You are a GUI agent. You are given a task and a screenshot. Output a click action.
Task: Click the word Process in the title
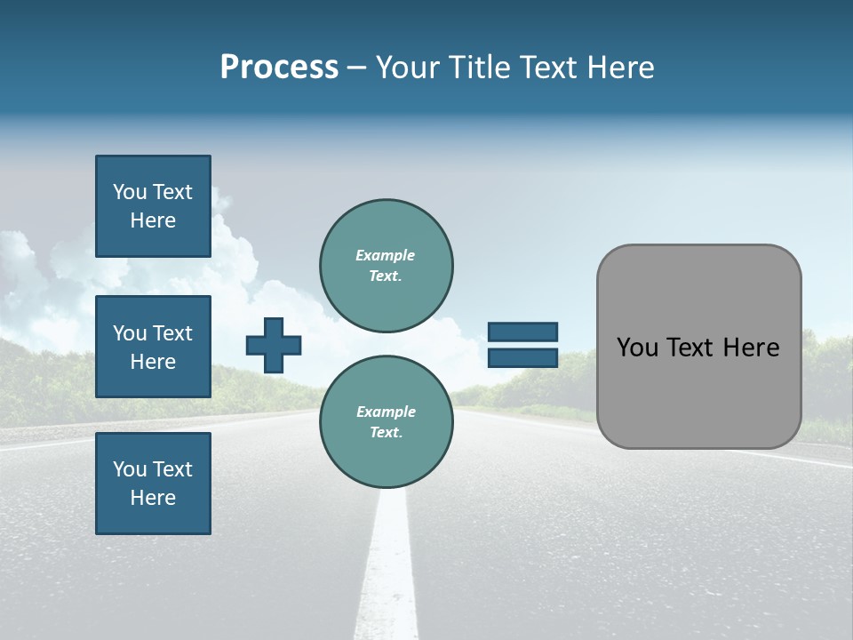tap(279, 68)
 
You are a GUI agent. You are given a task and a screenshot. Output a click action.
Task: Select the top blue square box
tap(153, 206)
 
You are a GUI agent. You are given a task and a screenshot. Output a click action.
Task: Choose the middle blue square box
tap(153, 347)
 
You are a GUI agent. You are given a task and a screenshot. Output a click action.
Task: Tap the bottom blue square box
tap(153, 484)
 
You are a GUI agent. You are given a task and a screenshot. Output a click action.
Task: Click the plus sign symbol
tap(274, 345)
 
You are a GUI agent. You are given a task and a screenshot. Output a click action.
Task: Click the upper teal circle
tap(387, 266)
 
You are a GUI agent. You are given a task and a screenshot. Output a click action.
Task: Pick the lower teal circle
tap(387, 422)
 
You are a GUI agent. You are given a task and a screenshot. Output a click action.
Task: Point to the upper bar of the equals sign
tap(522, 332)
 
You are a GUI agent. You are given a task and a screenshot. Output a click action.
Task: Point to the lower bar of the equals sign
tap(522, 357)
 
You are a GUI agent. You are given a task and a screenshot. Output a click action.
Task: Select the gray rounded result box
tap(698, 347)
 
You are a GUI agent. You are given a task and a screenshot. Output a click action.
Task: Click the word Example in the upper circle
tap(386, 256)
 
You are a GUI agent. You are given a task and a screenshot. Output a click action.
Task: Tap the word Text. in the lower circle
tap(386, 433)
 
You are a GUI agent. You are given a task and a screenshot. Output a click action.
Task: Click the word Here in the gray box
tap(751, 348)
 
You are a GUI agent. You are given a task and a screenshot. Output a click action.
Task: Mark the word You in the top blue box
tap(130, 192)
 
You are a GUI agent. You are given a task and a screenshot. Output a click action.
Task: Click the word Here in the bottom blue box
tap(153, 498)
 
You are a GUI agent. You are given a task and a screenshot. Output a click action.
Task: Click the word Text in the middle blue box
tap(171, 333)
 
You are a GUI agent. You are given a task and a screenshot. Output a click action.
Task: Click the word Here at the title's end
tap(620, 68)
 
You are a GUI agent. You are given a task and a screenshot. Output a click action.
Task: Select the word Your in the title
tap(407, 68)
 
